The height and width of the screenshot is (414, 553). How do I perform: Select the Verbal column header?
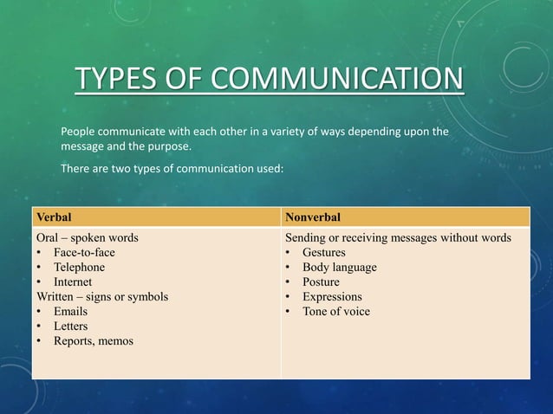(53, 216)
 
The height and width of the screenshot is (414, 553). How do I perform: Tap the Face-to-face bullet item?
(84, 252)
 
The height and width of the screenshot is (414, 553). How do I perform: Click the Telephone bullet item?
(79, 267)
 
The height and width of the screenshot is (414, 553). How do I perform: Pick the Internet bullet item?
(75, 281)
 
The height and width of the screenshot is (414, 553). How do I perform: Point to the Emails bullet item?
(70, 311)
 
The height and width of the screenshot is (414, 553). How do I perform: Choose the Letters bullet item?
(70, 326)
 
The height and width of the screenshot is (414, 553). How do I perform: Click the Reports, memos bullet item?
(94, 340)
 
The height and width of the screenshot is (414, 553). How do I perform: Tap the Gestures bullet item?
(323, 252)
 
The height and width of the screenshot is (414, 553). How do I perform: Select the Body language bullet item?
(339, 267)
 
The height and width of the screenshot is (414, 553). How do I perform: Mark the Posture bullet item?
(321, 281)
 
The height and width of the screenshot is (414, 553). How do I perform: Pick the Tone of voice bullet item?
(335, 311)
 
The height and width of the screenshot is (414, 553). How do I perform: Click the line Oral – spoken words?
(87, 237)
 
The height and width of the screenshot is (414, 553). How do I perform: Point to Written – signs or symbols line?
(101, 296)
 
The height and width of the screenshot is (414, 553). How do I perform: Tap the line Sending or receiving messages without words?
(398, 237)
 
